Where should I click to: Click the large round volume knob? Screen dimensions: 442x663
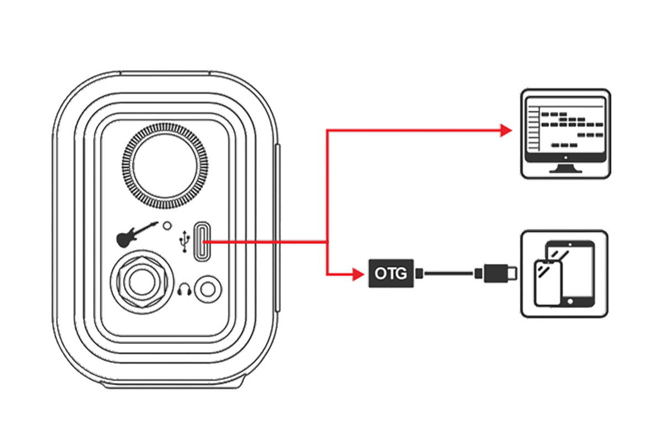166,166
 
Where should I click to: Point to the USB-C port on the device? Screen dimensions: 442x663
202,242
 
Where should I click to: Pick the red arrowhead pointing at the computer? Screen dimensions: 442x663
505,131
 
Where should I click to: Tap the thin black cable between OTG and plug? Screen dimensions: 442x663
449,273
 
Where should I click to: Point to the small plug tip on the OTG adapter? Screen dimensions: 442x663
419,273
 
